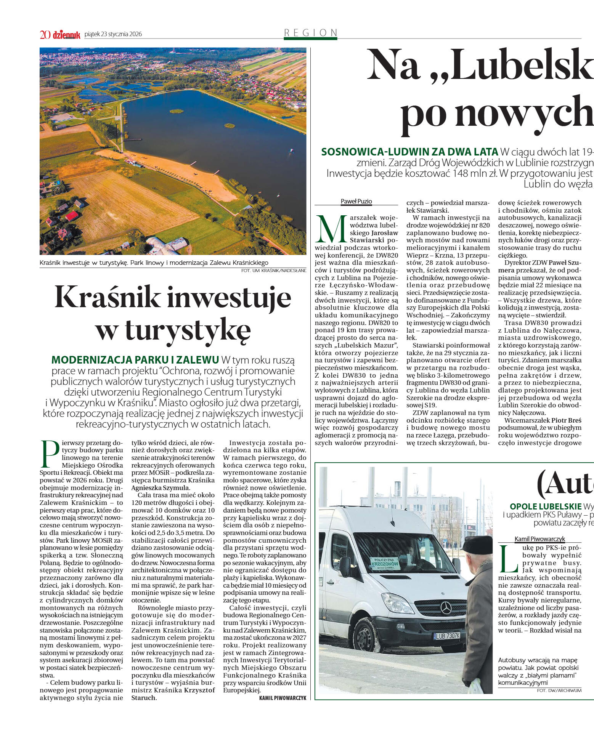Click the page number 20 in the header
pos(45,35)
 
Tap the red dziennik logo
pos(67,35)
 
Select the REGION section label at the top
pos(311,33)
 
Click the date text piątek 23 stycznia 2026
pos(113,34)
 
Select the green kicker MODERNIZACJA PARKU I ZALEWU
pos(135,360)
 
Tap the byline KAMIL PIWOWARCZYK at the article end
pos(283,698)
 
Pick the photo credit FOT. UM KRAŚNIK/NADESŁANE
pos(274,271)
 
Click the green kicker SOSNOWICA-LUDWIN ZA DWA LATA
pos(409,152)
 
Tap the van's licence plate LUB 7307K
pos(447,636)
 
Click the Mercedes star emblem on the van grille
pos(446,608)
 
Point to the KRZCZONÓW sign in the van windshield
pos(385,564)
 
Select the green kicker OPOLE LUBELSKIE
pos(546,506)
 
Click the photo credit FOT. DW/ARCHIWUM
pos(559,690)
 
